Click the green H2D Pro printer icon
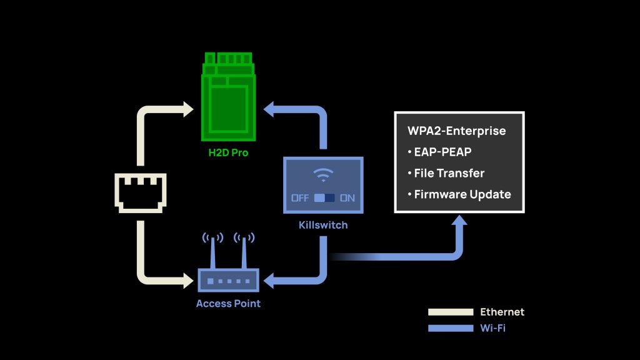coord(228,97)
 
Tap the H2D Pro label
coord(228,152)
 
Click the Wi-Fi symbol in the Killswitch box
coord(323,175)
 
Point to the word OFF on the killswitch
coord(300,198)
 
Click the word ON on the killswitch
coord(347,198)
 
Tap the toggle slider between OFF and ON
coord(324,198)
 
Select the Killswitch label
coord(322,224)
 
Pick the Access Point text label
coord(228,304)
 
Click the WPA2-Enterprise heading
coord(456,131)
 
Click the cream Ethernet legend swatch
coord(450,312)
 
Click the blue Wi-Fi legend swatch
coord(450,328)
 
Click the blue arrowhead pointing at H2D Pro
coord(271,111)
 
